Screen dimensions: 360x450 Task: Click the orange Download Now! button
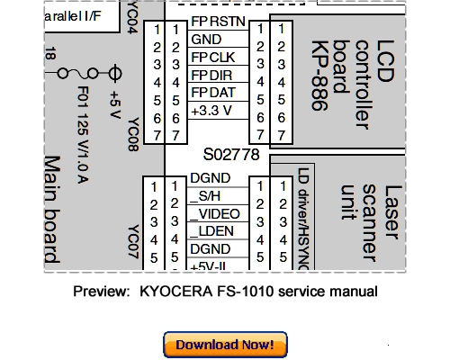tap(225, 344)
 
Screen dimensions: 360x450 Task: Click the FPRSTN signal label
tap(215, 20)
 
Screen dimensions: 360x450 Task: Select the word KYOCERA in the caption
tap(170, 291)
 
